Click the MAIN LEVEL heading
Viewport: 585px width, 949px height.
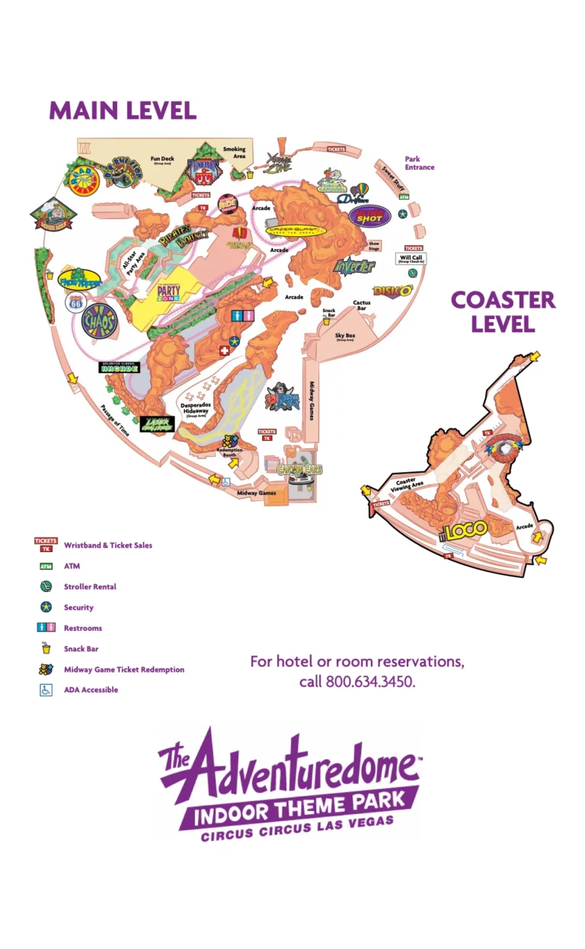pyautogui.click(x=123, y=110)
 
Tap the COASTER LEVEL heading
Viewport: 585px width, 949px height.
pyautogui.click(x=503, y=311)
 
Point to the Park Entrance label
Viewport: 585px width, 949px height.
pyautogui.click(x=419, y=163)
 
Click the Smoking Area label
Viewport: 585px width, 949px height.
pyautogui.click(x=235, y=152)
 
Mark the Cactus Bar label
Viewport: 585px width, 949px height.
pyautogui.click(x=362, y=305)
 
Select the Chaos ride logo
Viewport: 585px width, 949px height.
pyautogui.click(x=98, y=321)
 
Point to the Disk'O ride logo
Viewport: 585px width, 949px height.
pyautogui.click(x=393, y=290)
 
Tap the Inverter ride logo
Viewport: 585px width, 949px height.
pyautogui.click(x=354, y=267)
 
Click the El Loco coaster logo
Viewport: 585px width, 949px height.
pyautogui.click(x=465, y=532)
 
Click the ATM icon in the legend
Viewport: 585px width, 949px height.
pyautogui.click(x=46, y=567)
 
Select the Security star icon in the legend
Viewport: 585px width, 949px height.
pyautogui.click(x=46, y=608)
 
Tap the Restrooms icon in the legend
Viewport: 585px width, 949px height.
pyautogui.click(x=46, y=628)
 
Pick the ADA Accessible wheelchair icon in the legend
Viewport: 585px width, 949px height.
pyautogui.click(x=46, y=690)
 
